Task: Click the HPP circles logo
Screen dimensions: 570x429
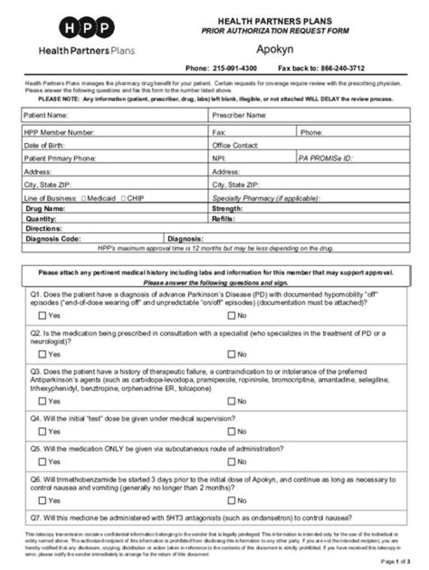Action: pyautogui.click(x=86, y=27)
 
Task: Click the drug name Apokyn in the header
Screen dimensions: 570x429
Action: pyautogui.click(x=275, y=49)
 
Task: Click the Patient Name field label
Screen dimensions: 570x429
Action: pyautogui.click(x=46, y=115)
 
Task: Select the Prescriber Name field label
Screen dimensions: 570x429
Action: pyautogui.click(x=240, y=115)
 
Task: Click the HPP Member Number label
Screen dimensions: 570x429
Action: pyautogui.click(x=59, y=132)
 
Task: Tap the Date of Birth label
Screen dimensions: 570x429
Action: pyautogui.click(x=45, y=145)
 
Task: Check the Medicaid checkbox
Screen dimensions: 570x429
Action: pyautogui.click(x=83, y=198)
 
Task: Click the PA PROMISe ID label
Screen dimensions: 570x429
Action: pyautogui.click(x=325, y=158)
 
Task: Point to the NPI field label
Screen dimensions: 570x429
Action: pyautogui.click(x=218, y=158)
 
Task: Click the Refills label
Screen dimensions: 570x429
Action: pyautogui.click(x=223, y=219)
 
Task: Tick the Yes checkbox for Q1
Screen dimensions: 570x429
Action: pyautogui.click(x=42, y=316)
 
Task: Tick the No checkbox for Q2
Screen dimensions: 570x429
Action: pyautogui.click(x=231, y=354)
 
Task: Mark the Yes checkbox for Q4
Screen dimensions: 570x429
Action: pyautogui.click(x=42, y=431)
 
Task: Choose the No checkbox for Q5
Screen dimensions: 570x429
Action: pyautogui.click(x=231, y=462)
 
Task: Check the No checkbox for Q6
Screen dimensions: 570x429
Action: pyautogui.click(x=231, y=500)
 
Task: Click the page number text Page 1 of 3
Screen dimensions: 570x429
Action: pyautogui.click(x=396, y=562)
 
